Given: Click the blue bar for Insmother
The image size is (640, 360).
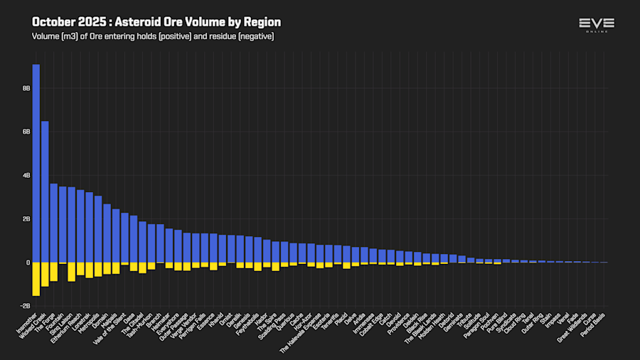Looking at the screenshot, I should tap(36, 164).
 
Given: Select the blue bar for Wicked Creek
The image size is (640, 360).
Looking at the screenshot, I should tap(45, 192).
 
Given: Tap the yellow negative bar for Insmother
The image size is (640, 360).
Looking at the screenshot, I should tap(36, 279).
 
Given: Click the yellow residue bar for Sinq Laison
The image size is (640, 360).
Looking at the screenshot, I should tap(71, 272).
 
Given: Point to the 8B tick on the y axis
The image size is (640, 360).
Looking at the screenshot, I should tap(26, 88).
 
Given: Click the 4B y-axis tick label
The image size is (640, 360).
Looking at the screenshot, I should tap(26, 175).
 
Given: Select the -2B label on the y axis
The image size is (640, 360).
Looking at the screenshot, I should tap(25, 306).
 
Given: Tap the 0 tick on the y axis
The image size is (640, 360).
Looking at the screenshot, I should tap(28, 263).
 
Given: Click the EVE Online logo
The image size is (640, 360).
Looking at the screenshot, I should tap(597, 25).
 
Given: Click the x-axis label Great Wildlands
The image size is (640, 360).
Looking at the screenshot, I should tap(577, 327).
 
